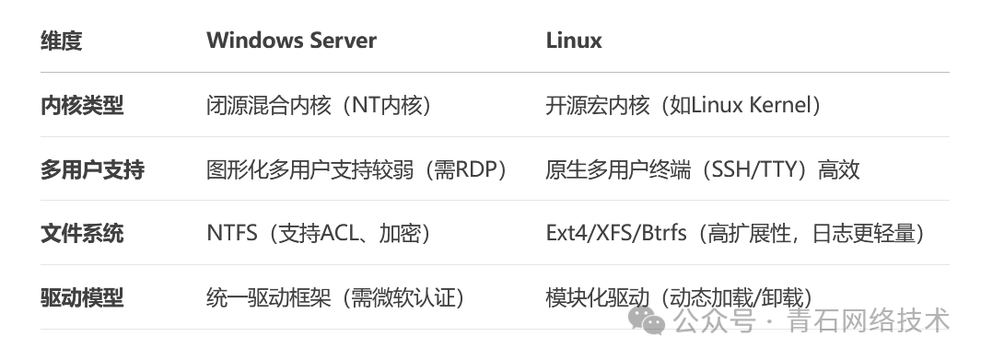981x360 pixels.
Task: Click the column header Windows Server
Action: pos(291,41)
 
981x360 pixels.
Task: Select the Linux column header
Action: pos(574,41)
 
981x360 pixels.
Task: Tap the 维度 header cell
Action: pos(61,41)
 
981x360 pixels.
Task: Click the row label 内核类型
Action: pos(81,106)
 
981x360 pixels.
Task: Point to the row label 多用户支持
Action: pos(92,169)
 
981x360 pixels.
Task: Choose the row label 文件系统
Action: pos(81,234)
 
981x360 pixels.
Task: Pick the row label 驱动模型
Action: pos(81,297)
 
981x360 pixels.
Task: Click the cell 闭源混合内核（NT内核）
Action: pos(319,106)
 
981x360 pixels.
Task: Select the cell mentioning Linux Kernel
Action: pos(683,106)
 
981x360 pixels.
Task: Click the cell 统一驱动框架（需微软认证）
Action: pos(334,297)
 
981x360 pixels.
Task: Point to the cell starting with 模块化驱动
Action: pos(678,297)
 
